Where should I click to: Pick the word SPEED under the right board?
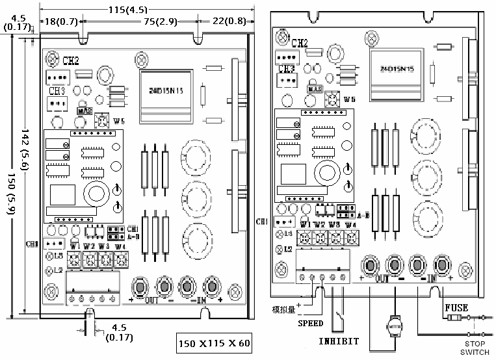310,323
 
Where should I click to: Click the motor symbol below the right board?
395,322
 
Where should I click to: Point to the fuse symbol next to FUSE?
456,318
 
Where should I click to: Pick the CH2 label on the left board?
70,60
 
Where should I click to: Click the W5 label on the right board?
350,99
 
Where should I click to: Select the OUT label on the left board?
151,301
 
